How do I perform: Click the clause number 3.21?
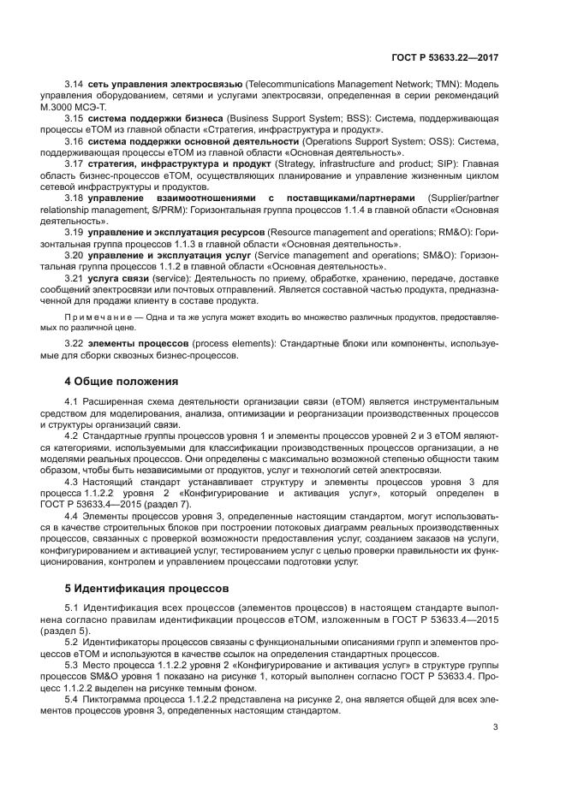[x=74, y=279]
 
